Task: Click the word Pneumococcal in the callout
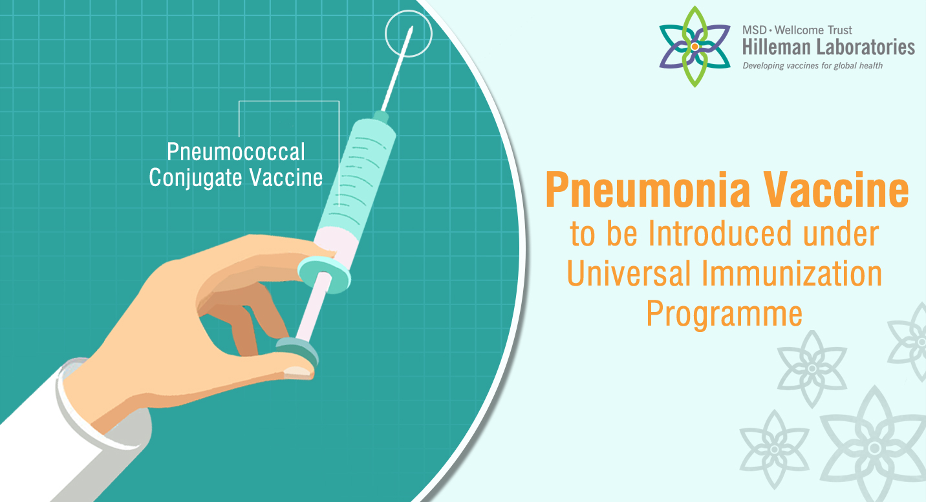236,152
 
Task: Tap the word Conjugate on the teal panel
195,178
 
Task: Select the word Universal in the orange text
629,273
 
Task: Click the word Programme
724,315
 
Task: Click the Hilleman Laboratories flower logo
695,47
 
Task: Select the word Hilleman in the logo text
777,47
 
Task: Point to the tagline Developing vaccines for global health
813,66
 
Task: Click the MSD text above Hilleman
755,30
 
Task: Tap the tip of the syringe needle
412,27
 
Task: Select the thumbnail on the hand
297,372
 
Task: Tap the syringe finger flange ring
325,273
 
